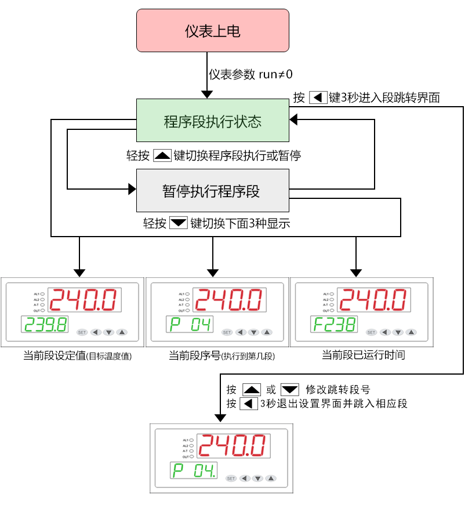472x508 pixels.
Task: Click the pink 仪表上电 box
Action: click(212, 30)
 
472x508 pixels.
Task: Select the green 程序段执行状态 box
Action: click(212, 121)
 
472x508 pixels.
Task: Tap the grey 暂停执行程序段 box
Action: click(212, 191)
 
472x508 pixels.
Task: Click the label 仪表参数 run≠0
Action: click(251, 74)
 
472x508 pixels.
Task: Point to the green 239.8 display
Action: click(44, 325)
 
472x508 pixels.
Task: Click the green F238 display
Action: click(333, 325)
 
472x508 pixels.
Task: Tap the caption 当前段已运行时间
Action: click(363, 355)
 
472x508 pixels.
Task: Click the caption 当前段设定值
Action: click(54, 355)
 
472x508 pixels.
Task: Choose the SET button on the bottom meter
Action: click(231, 478)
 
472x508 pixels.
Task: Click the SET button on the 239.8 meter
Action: click(81, 332)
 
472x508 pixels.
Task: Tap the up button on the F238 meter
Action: click(411, 332)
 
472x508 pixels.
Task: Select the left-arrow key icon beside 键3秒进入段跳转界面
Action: click(318, 97)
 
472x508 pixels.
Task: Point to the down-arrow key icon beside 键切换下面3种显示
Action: click(179, 223)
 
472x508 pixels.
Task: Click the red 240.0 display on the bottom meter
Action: click(233, 446)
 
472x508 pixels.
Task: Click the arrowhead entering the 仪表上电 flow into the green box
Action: click(206, 94)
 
